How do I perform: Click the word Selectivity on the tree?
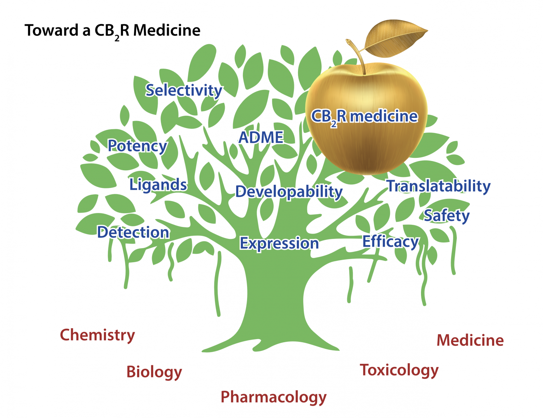coord(184,91)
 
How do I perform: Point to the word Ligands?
coord(158,185)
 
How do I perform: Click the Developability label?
coord(289,192)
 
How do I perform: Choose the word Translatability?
coord(439,186)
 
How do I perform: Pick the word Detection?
coord(133,232)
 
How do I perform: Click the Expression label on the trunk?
coord(279,244)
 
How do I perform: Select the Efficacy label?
coord(391,242)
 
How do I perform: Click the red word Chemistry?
coord(97,335)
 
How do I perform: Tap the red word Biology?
coord(154,372)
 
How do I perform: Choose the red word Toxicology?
coord(399,371)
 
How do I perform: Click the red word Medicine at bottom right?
coord(470,340)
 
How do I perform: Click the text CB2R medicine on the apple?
coord(364,117)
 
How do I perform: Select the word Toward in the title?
coord(52,30)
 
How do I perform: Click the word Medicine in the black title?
coord(167,30)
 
